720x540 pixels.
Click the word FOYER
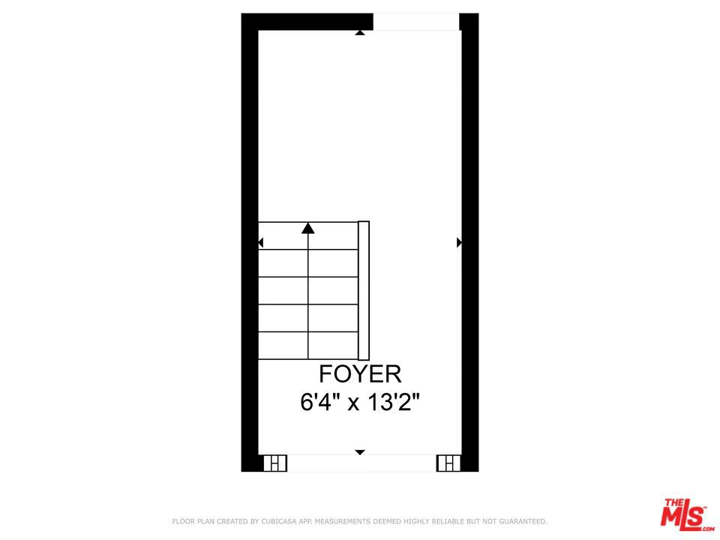coord(360,373)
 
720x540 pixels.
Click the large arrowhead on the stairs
coord(307,228)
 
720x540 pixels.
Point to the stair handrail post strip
coord(364,289)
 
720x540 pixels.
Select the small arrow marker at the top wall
coord(360,32)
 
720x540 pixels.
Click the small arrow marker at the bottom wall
coord(360,452)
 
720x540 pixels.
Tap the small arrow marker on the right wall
coord(459,242)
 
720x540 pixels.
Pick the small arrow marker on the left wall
coord(261,242)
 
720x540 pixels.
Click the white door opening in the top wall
coord(416,22)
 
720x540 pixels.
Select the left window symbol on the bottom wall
coord(275,463)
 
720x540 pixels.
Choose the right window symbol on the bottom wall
coord(448,463)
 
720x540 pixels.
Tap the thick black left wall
coord(250,247)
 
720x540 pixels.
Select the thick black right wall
coord(469,247)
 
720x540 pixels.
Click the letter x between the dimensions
coord(352,403)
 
